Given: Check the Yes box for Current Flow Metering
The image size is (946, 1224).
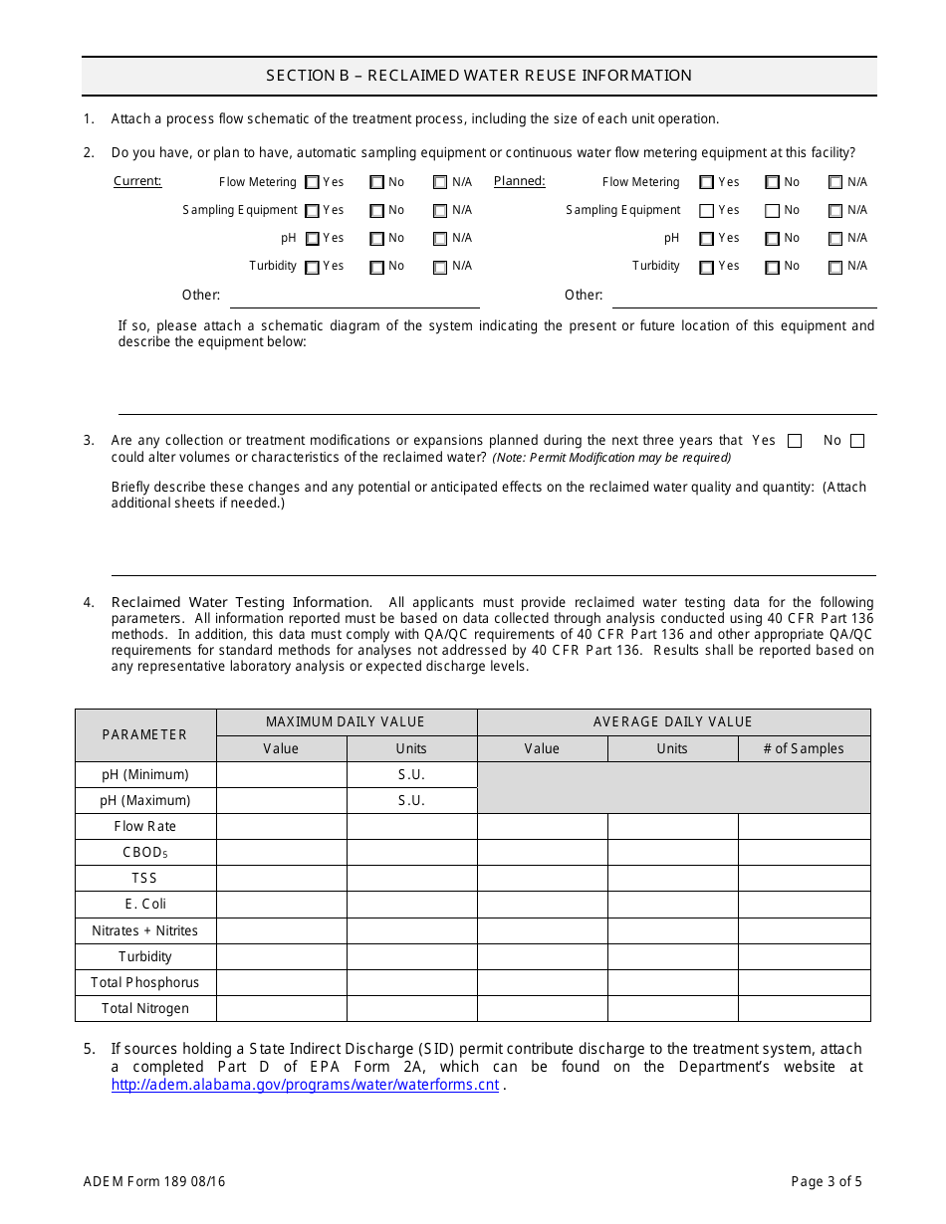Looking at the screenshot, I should point(313,182).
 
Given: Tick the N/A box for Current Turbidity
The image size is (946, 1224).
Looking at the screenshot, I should point(440,267).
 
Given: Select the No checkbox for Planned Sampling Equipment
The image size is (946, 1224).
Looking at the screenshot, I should point(773,211).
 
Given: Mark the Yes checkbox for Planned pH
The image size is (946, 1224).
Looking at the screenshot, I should point(707,239).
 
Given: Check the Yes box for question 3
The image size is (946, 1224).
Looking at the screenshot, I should point(795,441).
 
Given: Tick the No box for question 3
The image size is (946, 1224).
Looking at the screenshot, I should point(857,441).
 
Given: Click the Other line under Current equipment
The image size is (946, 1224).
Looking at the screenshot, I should point(355,298).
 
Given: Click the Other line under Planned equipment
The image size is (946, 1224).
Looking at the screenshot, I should point(744,298).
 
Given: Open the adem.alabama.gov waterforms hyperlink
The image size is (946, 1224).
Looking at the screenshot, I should point(305,1085).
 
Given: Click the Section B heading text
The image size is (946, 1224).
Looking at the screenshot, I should point(479,76).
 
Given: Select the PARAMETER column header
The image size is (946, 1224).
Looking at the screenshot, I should point(145,735).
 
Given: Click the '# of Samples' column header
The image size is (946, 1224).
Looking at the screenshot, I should point(804,749).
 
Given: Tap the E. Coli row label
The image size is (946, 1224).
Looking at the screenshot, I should point(145,905).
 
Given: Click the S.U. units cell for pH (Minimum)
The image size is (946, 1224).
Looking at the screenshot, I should point(411,775).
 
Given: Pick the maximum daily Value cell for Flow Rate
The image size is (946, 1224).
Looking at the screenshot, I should point(281,827).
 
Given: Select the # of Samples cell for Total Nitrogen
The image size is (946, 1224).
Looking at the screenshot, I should point(804,1009).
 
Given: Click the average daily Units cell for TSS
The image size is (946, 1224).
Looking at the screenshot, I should point(672,879).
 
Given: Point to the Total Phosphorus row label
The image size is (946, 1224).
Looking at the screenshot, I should point(145,983).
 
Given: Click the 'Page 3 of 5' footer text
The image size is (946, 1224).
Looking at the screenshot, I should point(827,1182).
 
